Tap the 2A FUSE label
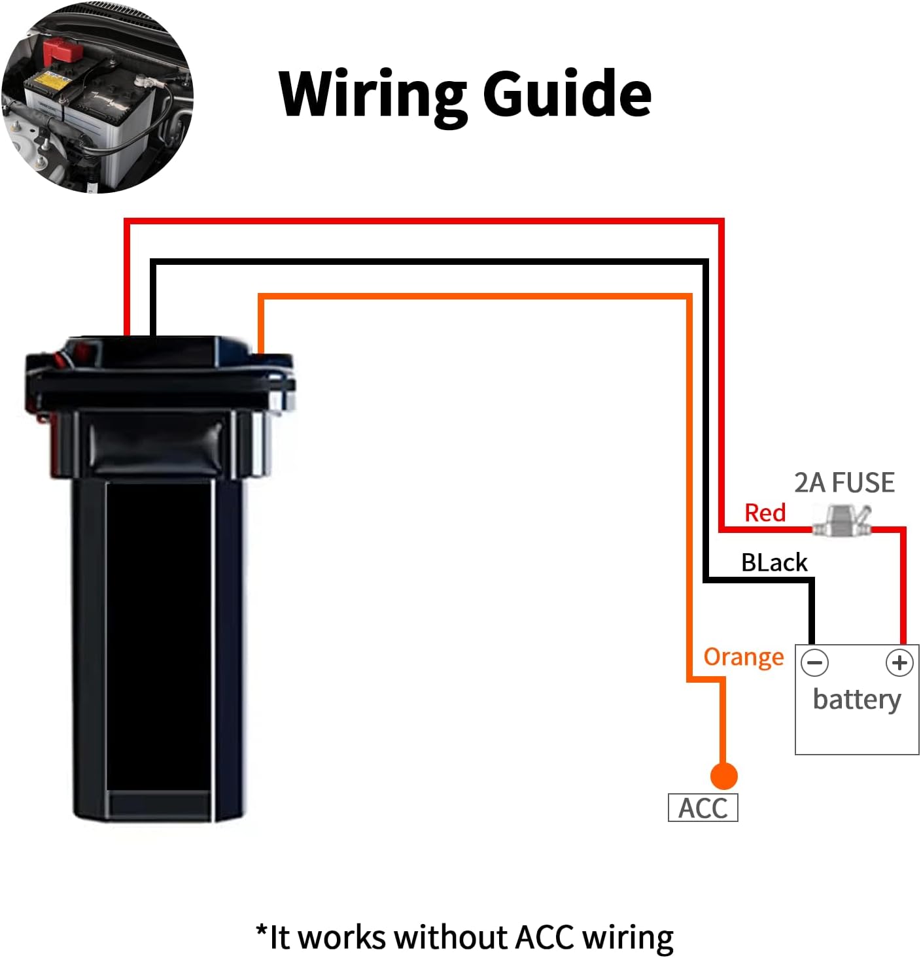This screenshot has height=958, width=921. (844, 483)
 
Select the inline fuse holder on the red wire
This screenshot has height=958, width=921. (842, 521)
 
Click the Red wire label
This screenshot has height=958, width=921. (765, 513)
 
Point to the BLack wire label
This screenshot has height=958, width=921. (774, 562)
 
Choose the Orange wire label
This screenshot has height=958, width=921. (743, 657)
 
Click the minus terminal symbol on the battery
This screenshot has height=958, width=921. (815, 662)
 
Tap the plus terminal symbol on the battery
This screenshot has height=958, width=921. (899, 662)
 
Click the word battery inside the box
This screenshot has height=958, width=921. (857, 700)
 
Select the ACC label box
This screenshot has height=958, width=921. (703, 808)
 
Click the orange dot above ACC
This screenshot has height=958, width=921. (723, 776)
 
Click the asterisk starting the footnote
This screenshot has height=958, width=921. (262, 931)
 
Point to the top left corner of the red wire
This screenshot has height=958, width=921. (127, 221)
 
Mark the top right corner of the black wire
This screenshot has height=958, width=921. (706, 262)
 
